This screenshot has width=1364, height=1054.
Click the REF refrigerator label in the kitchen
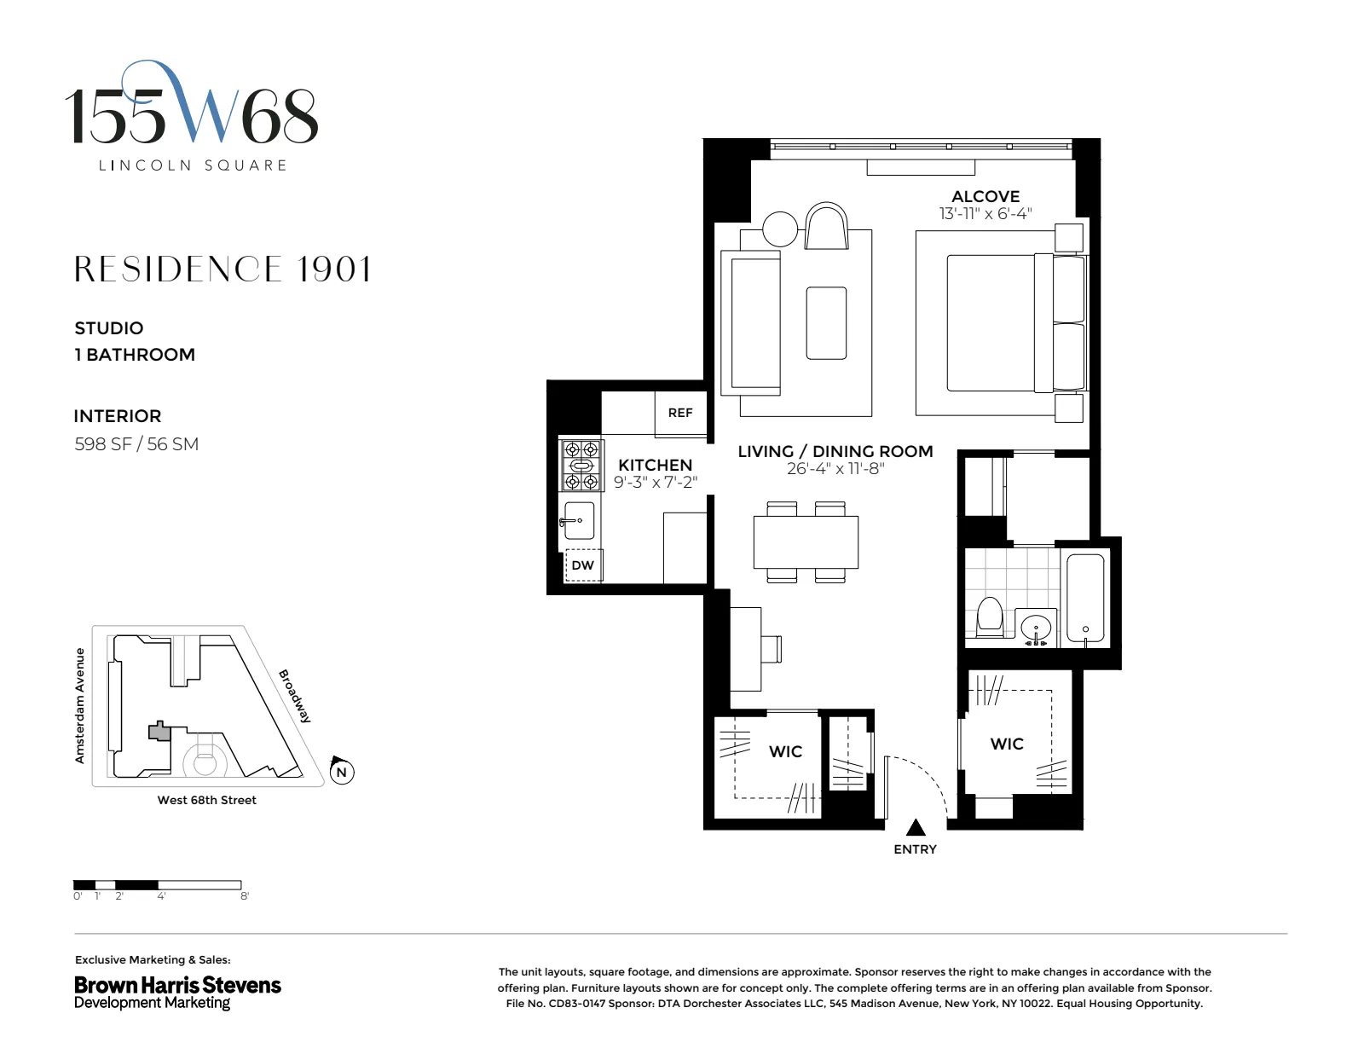pyautogui.click(x=679, y=413)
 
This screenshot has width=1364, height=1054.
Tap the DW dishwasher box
pyautogui.click(x=583, y=565)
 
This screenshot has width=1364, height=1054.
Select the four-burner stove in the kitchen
pyautogui.click(x=581, y=466)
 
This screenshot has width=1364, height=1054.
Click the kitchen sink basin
pyautogui.click(x=580, y=520)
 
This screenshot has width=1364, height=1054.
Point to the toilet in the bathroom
pyautogui.click(x=989, y=617)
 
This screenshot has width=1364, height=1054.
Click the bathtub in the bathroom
pyautogui.click(x=1085, y=598)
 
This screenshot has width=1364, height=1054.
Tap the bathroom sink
pyautogui.click(x=1037, y=629)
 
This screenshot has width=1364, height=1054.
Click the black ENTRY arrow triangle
pyautogui.click(x=915, y=827)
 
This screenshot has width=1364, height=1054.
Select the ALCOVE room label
pyautogui.click(x=985, y=196)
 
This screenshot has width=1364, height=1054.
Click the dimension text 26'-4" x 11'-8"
pyautogui.click(x=835, y=468)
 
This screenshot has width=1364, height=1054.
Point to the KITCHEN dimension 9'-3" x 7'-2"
pyautogui.click(x=656, y=482)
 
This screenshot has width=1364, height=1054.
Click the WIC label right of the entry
pyautogui.click(x=1007, y=744)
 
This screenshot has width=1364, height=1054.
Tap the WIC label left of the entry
pyautogui.click(x=785, y=751)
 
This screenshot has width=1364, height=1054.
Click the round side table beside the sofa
pyautogui.click(x=779, y=229)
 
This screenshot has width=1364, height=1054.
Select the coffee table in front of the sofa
pyautogui.click(x=826, y=323)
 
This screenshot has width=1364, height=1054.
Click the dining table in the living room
pyautogui.click(x=806, y=542)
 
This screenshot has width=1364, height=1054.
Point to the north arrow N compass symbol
pyautogui.click(x=341, y=772)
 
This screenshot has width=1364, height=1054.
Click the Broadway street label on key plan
pyautogui.click(x=295, y=696)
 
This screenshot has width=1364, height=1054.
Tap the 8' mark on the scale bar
pyautogui.click(x=245, y=896)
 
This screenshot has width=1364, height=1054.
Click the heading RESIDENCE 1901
pyautogui.click(x=223, y=269)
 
